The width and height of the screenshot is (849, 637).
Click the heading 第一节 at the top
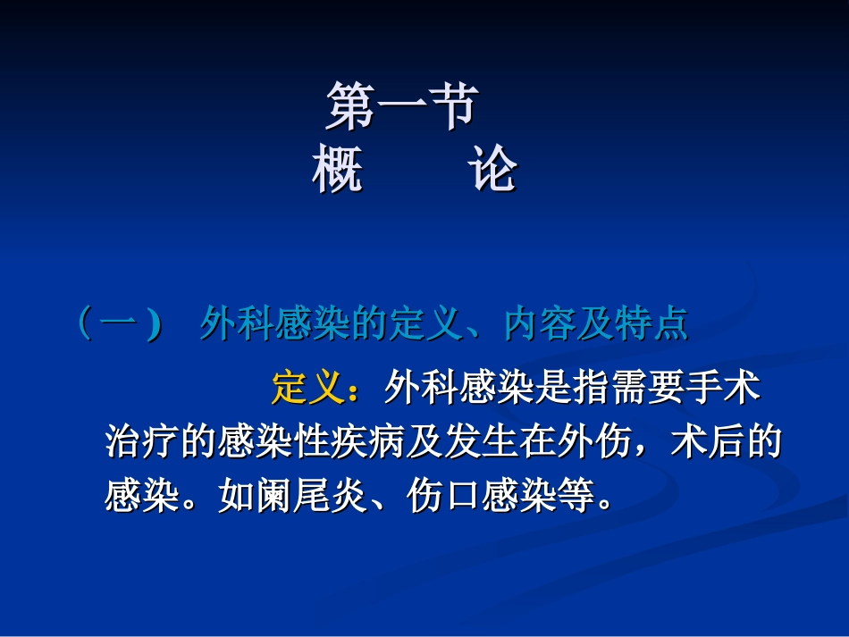(x=400, y=106)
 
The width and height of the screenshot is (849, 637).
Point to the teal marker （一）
(x=119, y=323)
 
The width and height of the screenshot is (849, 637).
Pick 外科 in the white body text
(x=422, y=389)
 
